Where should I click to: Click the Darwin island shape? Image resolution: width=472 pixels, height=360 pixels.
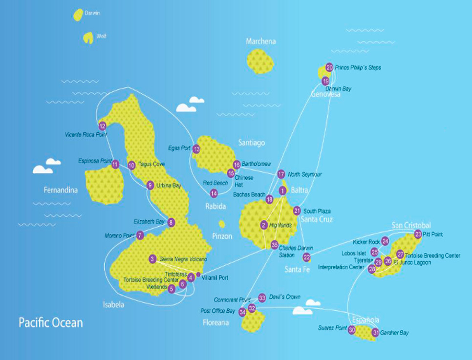[78, 15]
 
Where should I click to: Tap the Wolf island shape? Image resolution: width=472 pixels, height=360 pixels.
[88, 38]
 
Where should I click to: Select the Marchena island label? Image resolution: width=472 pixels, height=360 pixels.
[260, 42]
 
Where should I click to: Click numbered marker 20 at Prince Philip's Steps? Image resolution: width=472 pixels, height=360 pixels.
[329, 67]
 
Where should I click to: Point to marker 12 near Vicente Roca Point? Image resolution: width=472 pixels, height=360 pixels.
[102, 126]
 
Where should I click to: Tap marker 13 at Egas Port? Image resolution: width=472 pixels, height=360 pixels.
[196, 149]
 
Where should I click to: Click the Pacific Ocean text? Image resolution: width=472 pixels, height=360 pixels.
[51, 323]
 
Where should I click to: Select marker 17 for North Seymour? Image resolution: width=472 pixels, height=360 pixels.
[281, 174]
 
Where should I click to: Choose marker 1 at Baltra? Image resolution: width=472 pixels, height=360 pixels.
[282, 191]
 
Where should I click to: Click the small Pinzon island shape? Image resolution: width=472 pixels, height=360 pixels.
[222, 224]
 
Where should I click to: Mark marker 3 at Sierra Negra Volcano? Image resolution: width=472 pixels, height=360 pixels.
[153, 259]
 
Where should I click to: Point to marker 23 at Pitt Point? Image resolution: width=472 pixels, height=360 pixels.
[418, 234]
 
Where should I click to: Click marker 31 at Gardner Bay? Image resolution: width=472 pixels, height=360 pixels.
[375, 333]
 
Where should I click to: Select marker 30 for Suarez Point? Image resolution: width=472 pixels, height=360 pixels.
[352, 330]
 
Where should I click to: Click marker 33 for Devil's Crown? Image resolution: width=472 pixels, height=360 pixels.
[262, 297]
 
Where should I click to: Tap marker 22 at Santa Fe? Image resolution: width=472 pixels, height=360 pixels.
[307, 257]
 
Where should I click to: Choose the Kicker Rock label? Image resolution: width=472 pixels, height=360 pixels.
[366, 242]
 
